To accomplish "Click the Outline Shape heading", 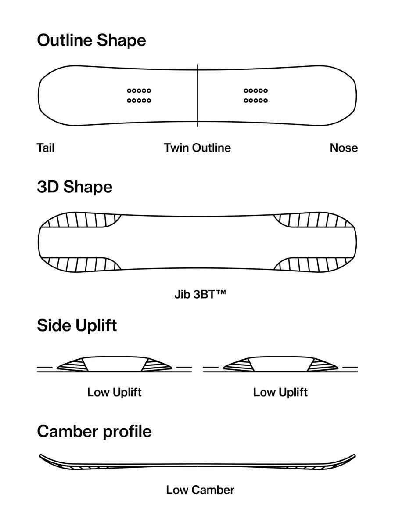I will (91, 40).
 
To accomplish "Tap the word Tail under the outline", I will (46, 148).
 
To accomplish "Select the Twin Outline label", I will (197, 148).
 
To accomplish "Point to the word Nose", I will (344, 148).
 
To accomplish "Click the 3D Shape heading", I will (75, 187).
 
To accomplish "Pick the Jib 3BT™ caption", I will (200, 293).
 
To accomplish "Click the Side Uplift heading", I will (77, 326).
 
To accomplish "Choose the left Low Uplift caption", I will (114, 392).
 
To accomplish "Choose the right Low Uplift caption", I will (280, 392).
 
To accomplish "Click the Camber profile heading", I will (94, 431).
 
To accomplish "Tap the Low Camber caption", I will (200, 490).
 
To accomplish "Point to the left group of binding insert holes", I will (139, 96).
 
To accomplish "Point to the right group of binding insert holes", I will (255, 96).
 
